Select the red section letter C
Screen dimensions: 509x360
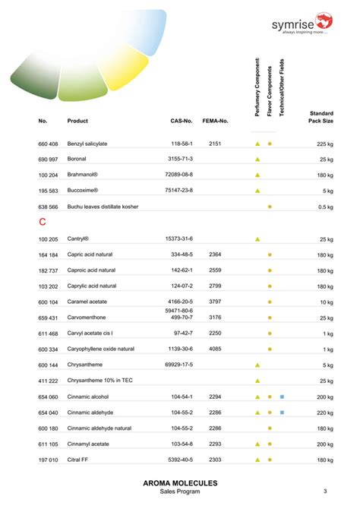(43, 223)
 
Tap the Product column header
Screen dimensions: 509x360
(77, 121)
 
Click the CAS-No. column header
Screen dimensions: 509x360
(182, 121)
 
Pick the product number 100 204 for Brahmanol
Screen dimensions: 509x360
(48, 175)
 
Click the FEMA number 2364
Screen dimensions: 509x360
(215, 254)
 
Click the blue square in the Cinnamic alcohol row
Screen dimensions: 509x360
(282, 397)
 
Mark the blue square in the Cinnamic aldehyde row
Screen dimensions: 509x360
(282, 413)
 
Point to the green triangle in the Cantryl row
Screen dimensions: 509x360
(257, 239)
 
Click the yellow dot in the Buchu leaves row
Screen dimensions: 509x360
(270, 207)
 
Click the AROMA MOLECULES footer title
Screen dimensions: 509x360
(180, 483)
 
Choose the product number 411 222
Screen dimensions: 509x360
(48, 381)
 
